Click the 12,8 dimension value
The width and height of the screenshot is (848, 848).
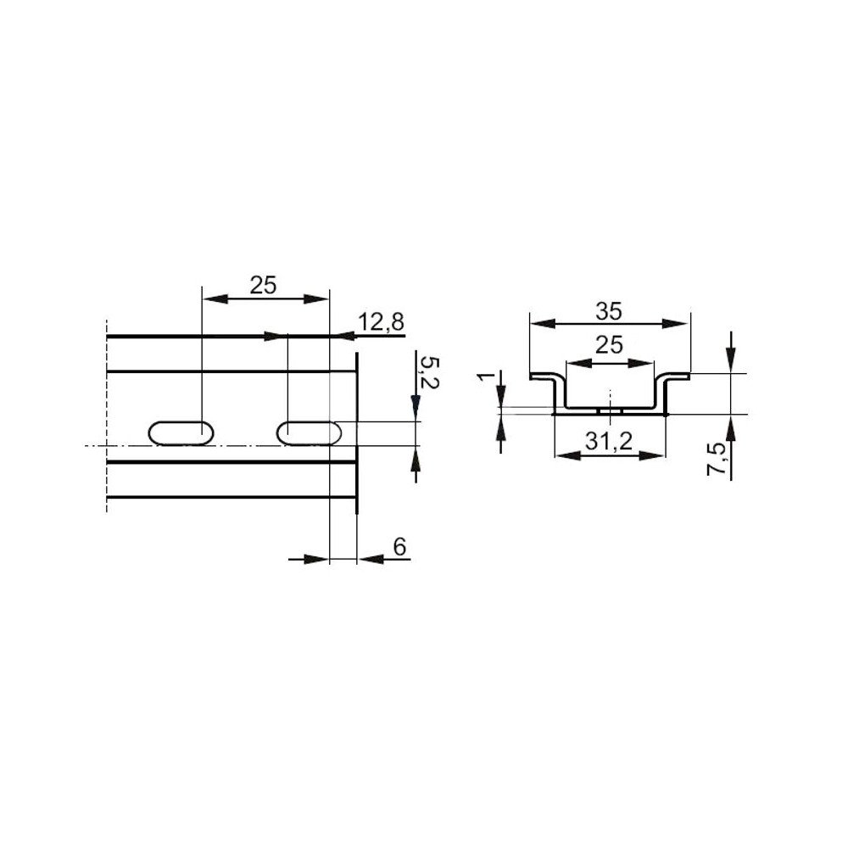382,322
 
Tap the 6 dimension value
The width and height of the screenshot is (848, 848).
401,547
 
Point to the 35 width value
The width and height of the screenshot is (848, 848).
607,311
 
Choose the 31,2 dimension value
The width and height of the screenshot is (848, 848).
610,443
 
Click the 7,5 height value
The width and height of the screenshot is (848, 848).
717,458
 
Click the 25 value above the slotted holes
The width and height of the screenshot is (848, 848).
264,286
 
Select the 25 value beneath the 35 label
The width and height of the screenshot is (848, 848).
609,345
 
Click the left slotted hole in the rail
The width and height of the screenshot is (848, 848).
181,432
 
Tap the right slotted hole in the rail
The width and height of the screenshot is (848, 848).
310,432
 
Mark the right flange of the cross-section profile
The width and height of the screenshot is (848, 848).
676,377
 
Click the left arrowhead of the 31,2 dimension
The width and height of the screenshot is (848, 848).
564,455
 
